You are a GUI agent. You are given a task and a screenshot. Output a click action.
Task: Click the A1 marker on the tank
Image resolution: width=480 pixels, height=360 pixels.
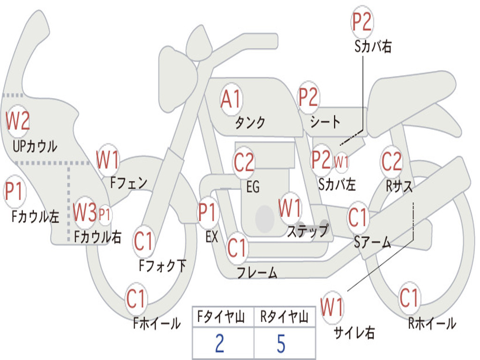(x=232, y=99)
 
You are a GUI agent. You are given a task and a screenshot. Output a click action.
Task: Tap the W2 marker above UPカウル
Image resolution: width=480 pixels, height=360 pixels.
(x=18, y=121)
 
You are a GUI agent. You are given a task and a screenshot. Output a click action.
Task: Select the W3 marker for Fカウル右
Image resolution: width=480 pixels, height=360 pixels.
(x=85, y=212)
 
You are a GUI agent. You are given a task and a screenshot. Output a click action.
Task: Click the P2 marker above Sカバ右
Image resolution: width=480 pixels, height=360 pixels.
(x=362, y=22)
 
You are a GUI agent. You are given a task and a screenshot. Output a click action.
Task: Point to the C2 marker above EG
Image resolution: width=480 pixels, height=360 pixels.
(x=244, y=162)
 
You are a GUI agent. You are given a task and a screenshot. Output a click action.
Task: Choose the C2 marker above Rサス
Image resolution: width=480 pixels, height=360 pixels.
(x=391, y=161)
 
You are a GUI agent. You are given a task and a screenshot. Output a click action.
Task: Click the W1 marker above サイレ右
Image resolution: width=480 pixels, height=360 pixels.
(x=332, y=307)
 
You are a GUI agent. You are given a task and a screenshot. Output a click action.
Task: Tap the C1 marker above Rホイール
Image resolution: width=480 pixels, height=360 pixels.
(x=409, y=298)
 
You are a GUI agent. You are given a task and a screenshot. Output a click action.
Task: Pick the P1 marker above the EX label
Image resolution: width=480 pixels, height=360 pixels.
(x=208, y=212)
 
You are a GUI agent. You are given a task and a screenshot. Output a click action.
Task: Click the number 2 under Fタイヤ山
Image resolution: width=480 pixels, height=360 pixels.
(x=220, y=344)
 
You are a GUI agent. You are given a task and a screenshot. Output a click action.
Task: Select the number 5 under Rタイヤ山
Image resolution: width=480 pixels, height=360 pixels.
(x=281, y=344)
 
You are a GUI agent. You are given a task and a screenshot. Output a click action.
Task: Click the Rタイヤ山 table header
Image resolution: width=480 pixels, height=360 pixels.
(x=285, y=317)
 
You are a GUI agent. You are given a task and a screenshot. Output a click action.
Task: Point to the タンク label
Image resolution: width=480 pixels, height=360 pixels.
(x=250, y=122)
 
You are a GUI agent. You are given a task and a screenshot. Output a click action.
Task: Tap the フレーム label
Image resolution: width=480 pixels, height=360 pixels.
(x=257, y=272)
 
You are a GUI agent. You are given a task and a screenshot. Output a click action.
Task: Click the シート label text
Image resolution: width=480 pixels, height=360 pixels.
(x=325, y=122)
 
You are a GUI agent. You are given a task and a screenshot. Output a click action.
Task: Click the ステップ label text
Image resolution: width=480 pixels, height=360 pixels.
(x=307, y=231)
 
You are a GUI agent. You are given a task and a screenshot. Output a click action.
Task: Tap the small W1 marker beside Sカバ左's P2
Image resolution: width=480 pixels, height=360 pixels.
(x=341, y=161)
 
